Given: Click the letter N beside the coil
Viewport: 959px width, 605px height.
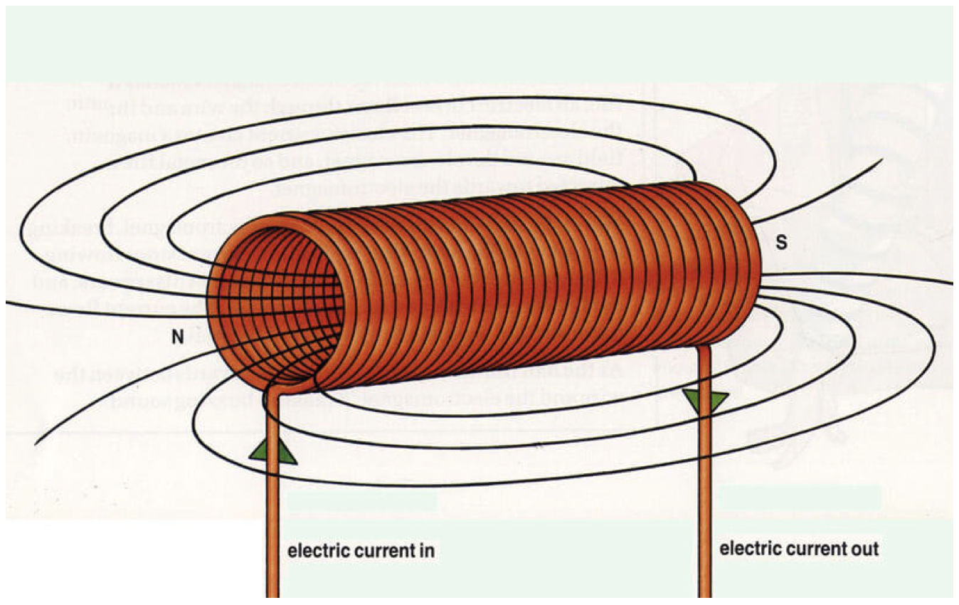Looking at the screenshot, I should tap(178, 337).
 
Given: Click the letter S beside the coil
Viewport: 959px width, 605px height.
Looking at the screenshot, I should tap(781, 243).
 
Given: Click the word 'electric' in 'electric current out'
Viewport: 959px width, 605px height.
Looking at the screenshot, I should tap(748, 549).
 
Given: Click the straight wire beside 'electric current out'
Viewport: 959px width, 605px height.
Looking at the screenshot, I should tap(705, 498).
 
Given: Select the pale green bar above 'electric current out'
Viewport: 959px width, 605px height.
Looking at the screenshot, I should tap(800, 496).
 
